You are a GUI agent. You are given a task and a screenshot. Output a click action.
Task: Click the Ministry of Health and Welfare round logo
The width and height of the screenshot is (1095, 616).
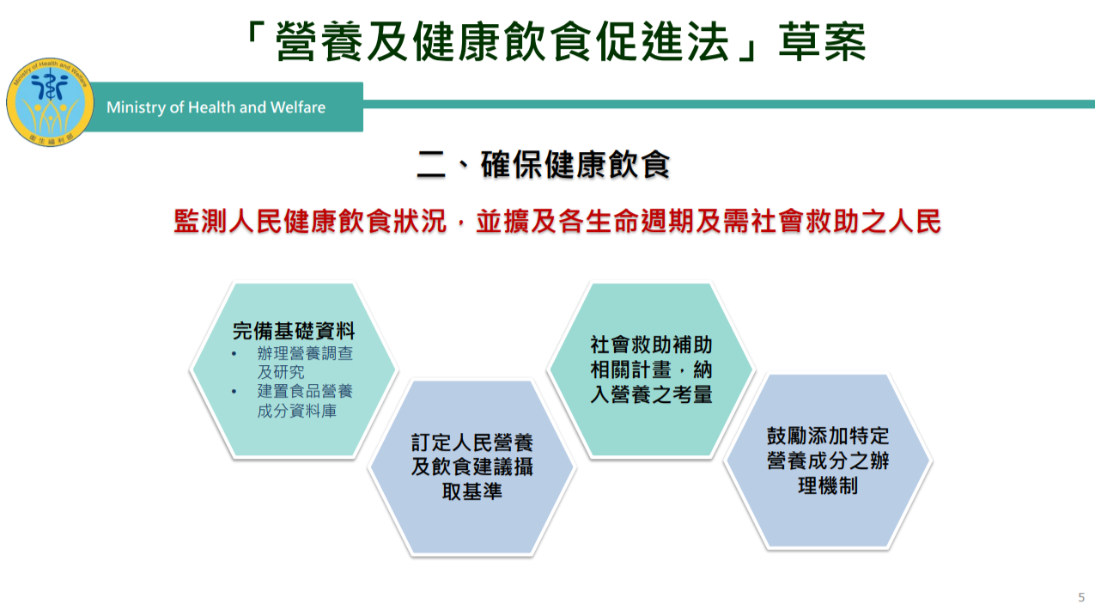click(x=49, y=102)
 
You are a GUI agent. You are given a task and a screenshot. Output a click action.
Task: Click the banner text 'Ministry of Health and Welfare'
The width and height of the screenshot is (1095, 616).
click(x=216, y=107)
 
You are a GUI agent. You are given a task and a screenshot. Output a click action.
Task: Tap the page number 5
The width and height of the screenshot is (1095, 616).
click(x=1081, y=597)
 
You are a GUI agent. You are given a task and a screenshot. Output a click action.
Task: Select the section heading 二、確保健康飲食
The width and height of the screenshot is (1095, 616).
click(x=543, y=164)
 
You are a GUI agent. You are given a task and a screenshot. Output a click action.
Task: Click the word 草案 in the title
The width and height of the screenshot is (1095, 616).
click(x=822, y=41)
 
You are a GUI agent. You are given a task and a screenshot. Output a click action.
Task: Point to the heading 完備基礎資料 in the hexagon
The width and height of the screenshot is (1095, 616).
click(x=294, y=331)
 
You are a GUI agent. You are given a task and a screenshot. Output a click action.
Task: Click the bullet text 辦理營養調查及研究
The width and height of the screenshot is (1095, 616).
click(x=305, y=363)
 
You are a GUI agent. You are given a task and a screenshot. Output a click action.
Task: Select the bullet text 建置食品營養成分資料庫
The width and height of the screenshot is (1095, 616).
click(x=305, y=401)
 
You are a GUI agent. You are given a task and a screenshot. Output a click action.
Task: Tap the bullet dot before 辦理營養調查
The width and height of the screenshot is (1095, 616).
click(x=234, y=353)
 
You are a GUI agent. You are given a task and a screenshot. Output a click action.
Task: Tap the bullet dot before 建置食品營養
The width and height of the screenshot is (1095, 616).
click(x=234, y=392)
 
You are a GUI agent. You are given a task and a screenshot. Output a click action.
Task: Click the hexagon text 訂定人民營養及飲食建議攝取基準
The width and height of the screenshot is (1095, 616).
click(x=471, y=467)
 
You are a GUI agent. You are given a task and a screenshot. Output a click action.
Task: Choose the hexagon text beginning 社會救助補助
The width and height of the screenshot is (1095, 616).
click(x=651, y=369)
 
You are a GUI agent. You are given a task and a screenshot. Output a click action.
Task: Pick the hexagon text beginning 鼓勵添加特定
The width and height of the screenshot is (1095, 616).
click(x=828, y=460)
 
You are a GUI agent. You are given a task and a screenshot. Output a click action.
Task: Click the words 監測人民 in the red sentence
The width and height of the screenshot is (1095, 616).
click(x=228, y=221)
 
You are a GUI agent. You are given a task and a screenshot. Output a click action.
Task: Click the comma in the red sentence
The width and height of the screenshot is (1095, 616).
click(x=460, y=224)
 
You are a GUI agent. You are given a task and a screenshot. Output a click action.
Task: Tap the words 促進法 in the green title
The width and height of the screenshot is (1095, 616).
click(x=662, y=41)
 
